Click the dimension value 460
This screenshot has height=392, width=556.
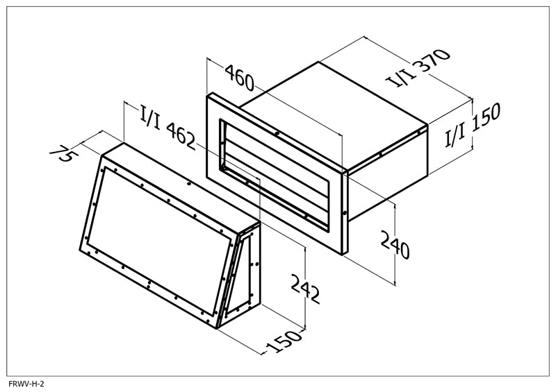pyautogui.click(x=240, y=77)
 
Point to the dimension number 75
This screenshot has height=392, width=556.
pyautogui.click(x=61, y=153)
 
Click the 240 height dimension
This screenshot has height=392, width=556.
pyautogui.click(x=395, y=244)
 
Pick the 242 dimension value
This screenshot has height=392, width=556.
pyautogui.click(x=305, y=289)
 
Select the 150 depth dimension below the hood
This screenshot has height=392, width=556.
pyautogui.click(x=285, y=341)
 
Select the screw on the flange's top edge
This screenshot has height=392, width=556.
pyautogui.click(x=277, y=133)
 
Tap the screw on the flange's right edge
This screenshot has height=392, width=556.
pyautogui.click(x=345, y=213)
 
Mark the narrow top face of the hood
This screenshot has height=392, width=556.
pyautogui.click(x=181, y=183)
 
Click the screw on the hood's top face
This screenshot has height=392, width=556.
pyautogui.click(x=189, y=183)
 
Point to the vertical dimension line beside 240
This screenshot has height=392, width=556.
pyautogui.click(x=395, y=244)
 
